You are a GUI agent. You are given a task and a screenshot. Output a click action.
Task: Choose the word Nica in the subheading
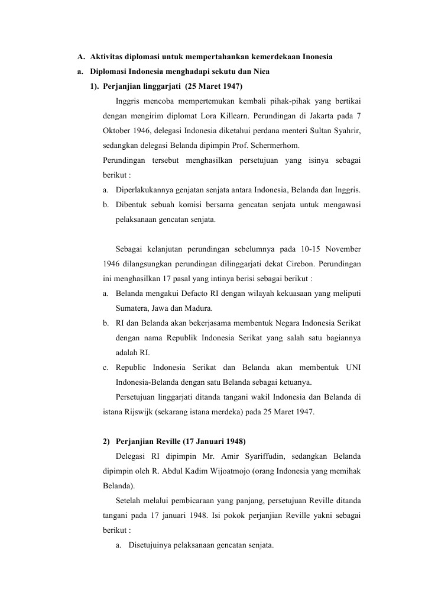[261, 72]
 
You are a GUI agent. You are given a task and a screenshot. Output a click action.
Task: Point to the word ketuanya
[295, 381]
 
